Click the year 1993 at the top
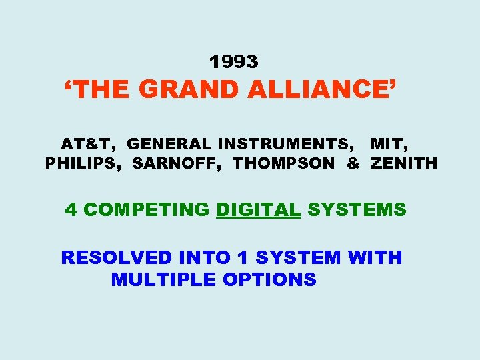233,62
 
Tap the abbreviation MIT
388,143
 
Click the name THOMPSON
284,163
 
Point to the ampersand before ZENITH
353,163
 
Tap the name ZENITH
404,163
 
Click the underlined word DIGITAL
259,210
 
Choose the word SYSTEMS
357,210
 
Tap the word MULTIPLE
163,279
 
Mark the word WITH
375,257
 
